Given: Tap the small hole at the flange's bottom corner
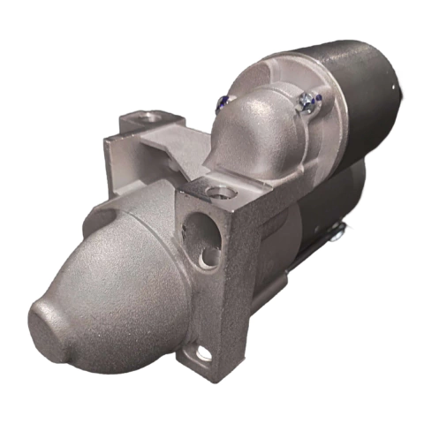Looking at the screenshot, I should point(204,354).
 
